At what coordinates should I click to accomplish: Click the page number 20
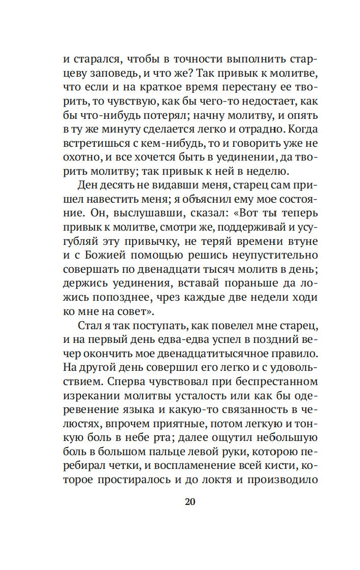[x=190, y=501]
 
